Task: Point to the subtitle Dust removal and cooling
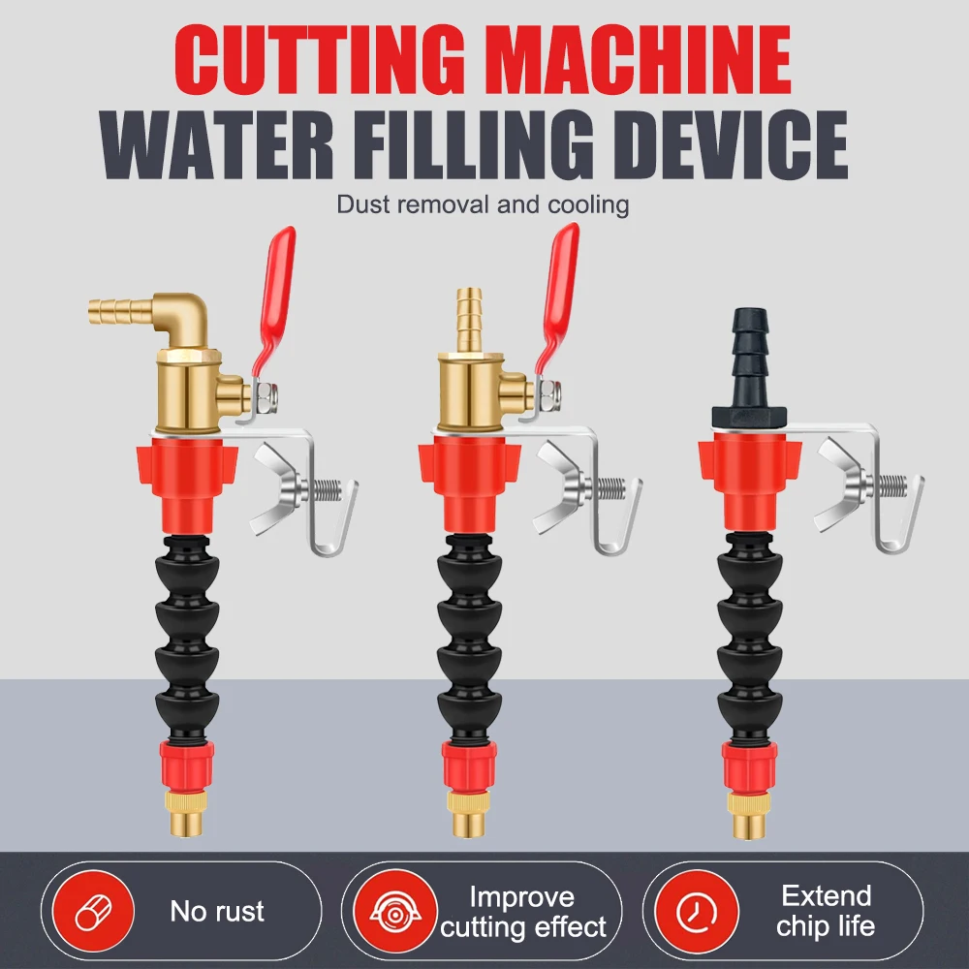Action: click(x=483, y=204)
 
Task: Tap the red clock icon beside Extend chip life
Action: click(x=693, y=911)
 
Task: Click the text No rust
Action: click(x=217, y=911)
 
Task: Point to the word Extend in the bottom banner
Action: click(x=827, y=895)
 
